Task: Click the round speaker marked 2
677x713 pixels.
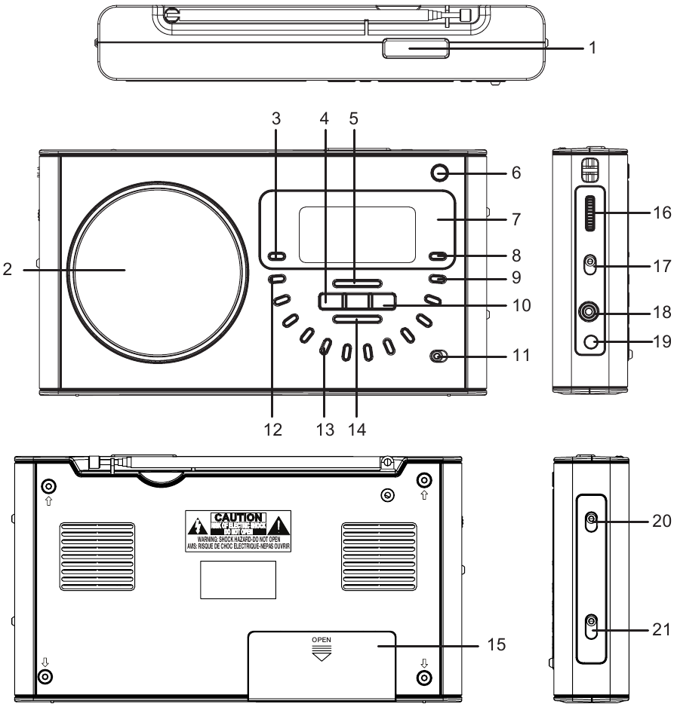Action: pyautogui.click(x=159, y=268)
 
